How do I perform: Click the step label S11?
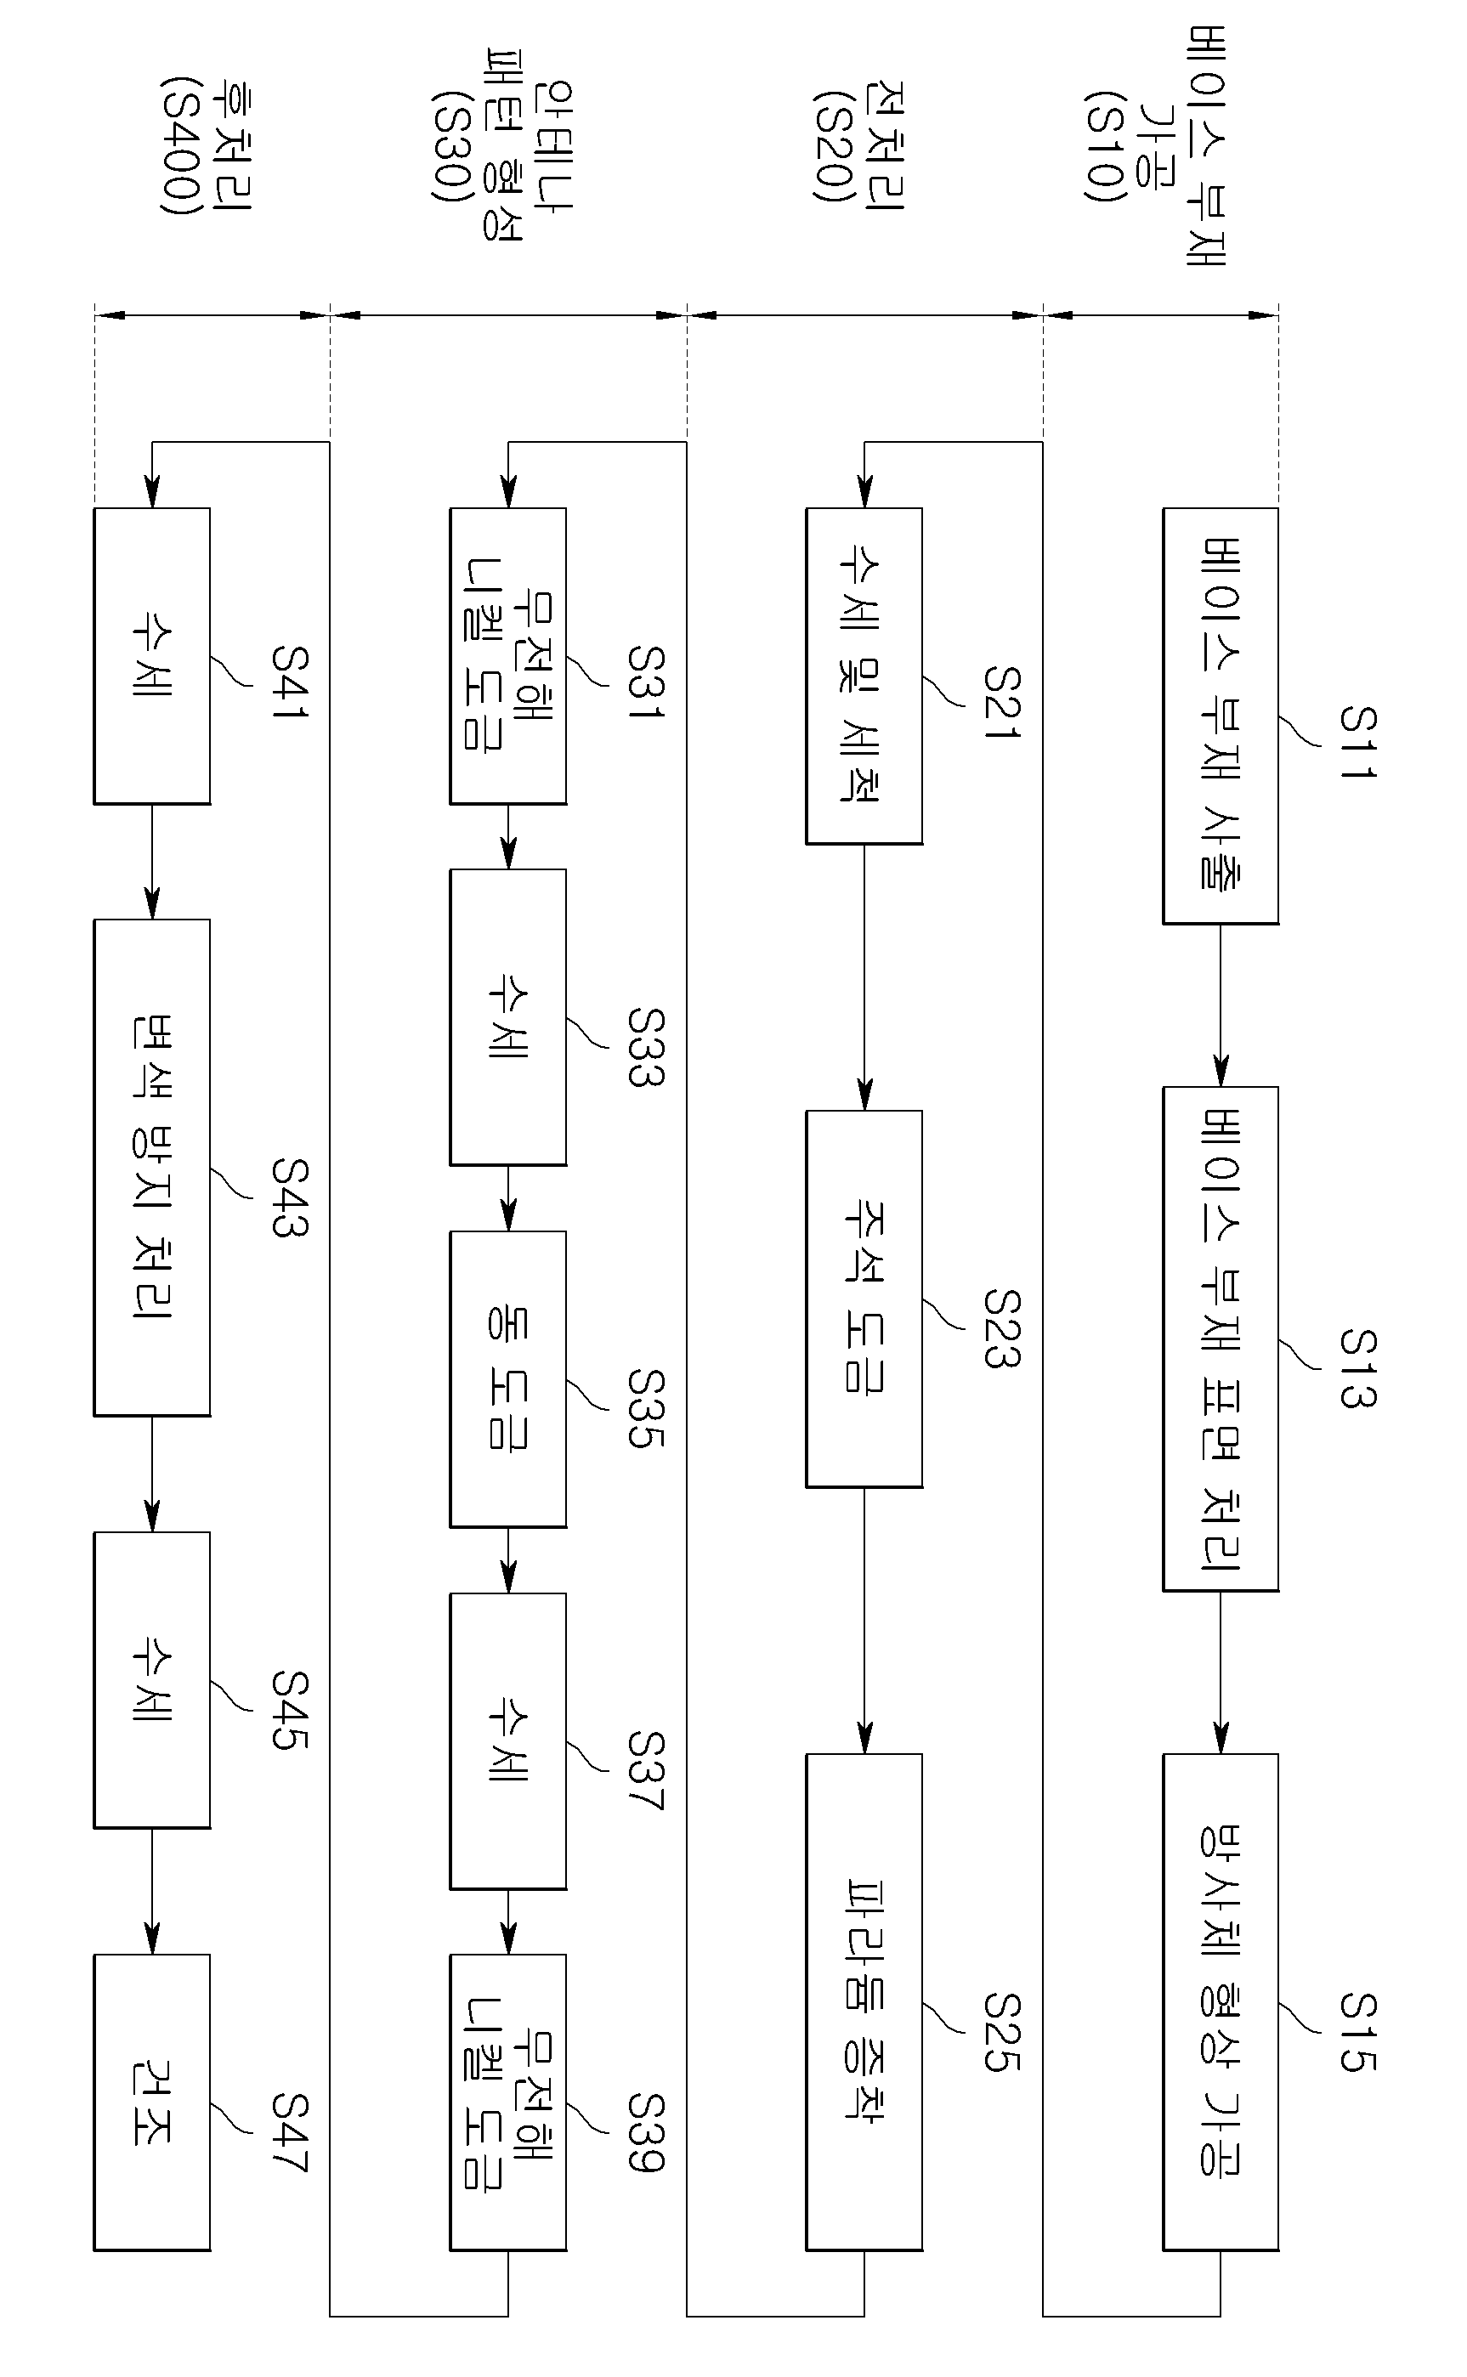pyautogui.click(x=1357, y=742)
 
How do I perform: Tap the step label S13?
pyautogui.click(x=1357, y=1367)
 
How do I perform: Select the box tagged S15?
pyautogui.click(x=1221, y=2001)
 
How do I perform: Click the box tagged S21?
pyautogui.click(x=864, y=676)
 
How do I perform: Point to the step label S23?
pyautogui.click(x=1001, y=1327)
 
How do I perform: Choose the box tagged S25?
pyautogui.click(x=864, y=2001)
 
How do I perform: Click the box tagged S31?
pyautogui.click(x=507, y=655)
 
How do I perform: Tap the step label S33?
pyautogui.click(x=645, y=1047)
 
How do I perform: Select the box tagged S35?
pyautogui.click(x=507, y=1379)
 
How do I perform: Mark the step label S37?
pyautogui.click(x=645, y=1771)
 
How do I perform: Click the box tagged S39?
pyautogui.click(x=507, y=2102)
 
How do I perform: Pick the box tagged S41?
pyautogui.click(x=151, y=655)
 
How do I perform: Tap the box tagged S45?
pyautogui.click(x=151, y=1680)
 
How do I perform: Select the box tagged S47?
pyautogui.click(x=151, y=2102)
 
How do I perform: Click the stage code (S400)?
pyautogui.click(x=181, y=146)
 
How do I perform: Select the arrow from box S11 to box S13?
pyautogui.click(x=1221, y=1005)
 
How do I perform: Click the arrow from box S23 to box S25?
pyautogui.click(x=864, y=1620)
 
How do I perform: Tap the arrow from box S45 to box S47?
pyautogui.click(x=151, y=1891)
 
